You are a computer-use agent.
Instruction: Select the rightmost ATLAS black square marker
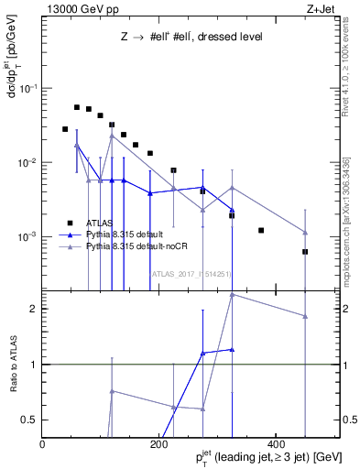[305, 251]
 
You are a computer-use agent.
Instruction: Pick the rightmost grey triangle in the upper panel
[305, 233]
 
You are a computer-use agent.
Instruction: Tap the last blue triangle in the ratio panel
[232, 349]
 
